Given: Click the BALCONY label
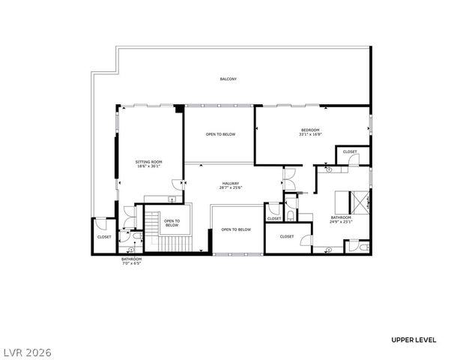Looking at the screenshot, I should pos(229,79).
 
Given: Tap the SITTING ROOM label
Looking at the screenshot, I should pos(148,162).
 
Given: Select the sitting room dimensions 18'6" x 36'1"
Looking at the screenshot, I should pos(148,166).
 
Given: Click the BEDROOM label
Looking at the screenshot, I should pos(309,130).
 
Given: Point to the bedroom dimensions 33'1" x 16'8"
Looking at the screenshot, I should pos(309,135).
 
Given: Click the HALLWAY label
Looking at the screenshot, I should pos(230,184).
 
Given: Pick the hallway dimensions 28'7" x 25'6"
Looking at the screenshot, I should pos(230,188).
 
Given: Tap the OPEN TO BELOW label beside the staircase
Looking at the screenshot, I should pos(172,223).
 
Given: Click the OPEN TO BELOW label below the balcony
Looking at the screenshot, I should pos(220,134).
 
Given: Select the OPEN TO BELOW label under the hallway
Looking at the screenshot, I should pos(236,229).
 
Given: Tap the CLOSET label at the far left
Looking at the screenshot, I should pos(104,237).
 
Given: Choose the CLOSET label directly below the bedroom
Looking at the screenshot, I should pos(350,152).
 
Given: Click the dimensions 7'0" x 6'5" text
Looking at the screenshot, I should pos(131,263).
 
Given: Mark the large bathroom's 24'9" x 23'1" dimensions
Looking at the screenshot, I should pos(341,222).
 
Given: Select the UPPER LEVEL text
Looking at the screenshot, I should pos(414,340).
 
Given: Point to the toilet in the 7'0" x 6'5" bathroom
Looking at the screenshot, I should pos(131,250).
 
